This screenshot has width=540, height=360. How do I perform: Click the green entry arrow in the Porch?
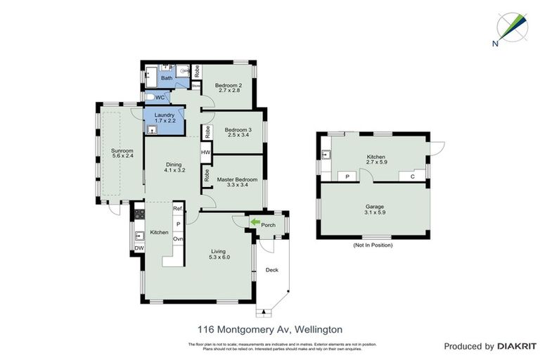coord(254,223)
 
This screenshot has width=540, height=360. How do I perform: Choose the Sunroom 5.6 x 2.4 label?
coord(122,153)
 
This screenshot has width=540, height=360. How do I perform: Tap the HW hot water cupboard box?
coord(206,152)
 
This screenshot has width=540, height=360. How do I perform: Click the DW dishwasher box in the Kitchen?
coord(139,248)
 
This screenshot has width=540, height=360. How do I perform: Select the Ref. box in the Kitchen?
coord(178,209)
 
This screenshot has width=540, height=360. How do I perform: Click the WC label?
coord(160,97)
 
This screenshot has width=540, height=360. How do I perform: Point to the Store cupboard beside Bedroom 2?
coord(198,87)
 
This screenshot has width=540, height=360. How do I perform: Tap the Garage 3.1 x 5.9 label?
coord(373,210)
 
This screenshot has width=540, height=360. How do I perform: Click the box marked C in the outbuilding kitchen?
coord(413,176)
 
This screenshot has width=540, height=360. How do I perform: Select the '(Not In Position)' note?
coord(373,245)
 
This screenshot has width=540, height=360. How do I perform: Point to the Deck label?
coord(271,270)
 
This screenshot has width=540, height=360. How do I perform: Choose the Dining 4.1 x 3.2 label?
coord(173,167)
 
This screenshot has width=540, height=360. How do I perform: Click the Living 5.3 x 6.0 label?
coord(219,254)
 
